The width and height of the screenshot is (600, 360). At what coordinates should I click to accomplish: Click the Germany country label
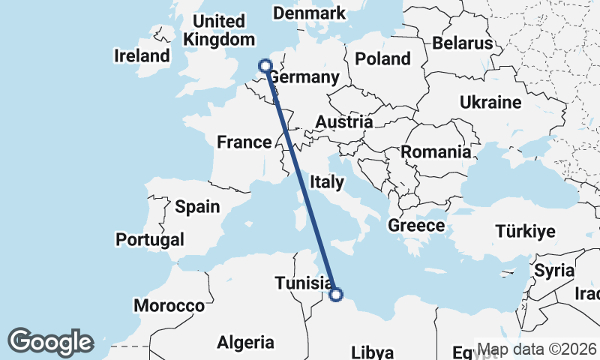click(x=304, y=78)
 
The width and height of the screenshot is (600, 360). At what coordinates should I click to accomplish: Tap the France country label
click(x=244, y=142)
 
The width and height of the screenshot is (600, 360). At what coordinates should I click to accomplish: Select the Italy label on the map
click(x=328, y=181)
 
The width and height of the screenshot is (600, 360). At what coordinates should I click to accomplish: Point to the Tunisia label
click(x=304, y=283)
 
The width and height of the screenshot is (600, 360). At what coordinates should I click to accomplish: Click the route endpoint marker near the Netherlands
click(x=265, y=66)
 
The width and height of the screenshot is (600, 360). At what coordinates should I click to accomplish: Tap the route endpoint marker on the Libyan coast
click(x=335, y=295)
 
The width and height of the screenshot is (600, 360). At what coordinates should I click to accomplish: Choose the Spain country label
click(x=197, y=206)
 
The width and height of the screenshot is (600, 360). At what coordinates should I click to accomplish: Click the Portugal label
click(x=150, y=240)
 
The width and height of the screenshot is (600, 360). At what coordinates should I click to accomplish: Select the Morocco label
click(x=169, y=306)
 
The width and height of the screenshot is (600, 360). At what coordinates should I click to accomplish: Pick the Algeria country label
click(x=245, y=343)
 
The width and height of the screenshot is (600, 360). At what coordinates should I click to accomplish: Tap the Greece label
click(x=416, y=225)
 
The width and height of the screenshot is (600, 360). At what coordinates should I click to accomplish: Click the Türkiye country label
click(x=525, y=231)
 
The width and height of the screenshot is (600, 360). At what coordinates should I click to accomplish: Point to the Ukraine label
click(x=490, y=103)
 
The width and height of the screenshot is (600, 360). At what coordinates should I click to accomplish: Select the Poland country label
click(x=382, y=58)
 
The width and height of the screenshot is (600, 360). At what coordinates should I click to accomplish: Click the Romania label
click(x=436, y=152)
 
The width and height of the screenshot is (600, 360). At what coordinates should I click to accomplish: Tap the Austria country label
click(x=344, y=122)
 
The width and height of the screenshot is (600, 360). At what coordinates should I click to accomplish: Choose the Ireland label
click(x=142, y=55)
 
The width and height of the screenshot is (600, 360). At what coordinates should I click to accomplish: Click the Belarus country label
click(x=462, y=43)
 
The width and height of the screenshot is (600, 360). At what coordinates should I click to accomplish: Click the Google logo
click(x=51, y=342)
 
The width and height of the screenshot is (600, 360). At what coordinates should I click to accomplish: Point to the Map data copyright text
click(x=537, y=349)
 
